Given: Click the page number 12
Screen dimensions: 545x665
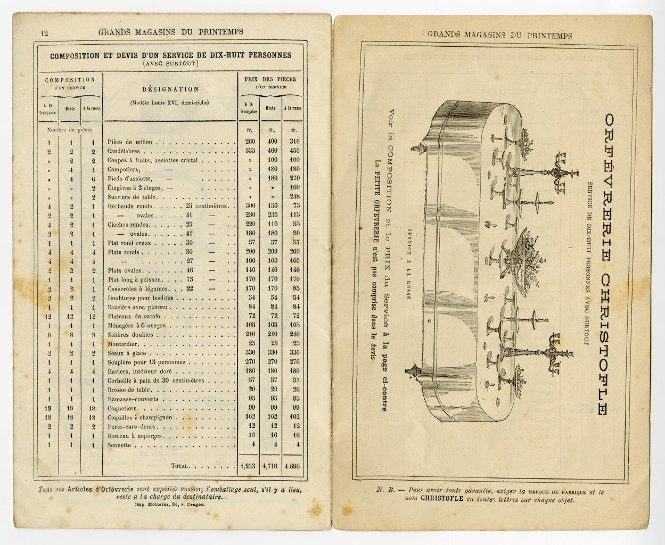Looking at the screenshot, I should click(44, 32).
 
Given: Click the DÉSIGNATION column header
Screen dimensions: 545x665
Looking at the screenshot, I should click(170, 89).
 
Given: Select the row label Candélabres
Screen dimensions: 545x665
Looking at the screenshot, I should click(127, 151).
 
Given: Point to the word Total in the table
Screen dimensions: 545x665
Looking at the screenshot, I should click(179, 465).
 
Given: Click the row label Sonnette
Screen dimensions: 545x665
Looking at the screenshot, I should click(119, 445).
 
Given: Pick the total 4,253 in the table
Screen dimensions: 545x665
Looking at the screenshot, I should click(248, 465).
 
